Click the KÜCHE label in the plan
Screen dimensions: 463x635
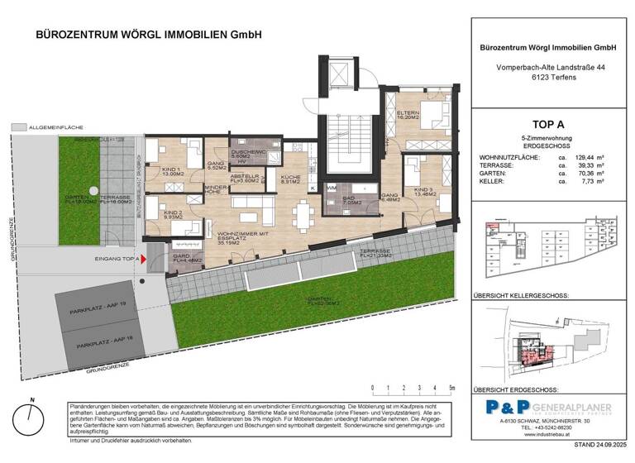point(290,180)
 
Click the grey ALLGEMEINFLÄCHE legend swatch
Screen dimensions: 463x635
point(19,128)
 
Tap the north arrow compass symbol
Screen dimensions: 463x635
point(32,417)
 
